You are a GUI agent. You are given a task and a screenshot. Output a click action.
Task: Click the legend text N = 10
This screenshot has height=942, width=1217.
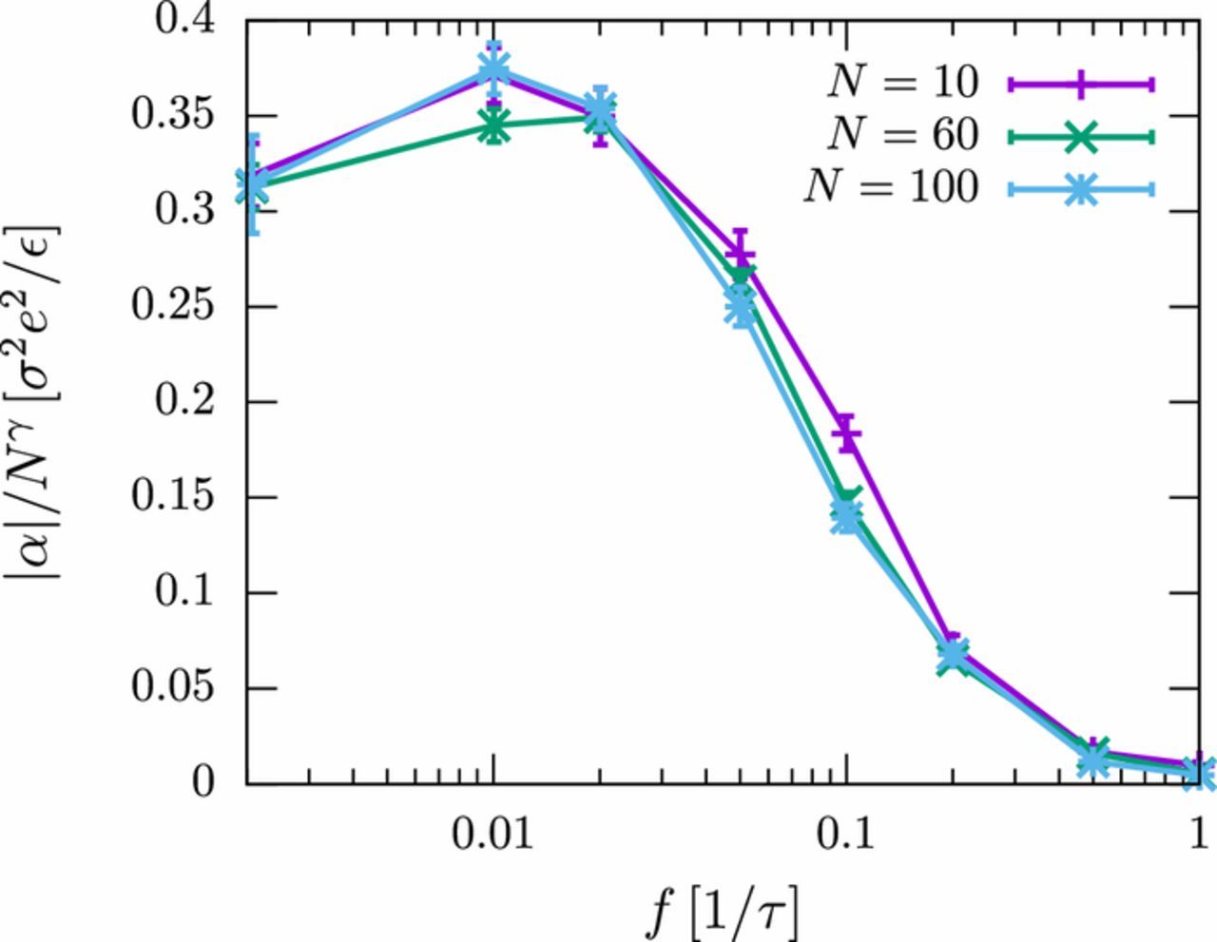901,85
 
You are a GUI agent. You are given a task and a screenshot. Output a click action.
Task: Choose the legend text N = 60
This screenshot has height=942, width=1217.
901,136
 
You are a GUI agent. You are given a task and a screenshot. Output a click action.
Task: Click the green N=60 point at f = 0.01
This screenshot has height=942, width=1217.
493,125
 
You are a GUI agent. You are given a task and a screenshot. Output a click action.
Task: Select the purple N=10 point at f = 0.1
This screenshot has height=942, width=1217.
846,433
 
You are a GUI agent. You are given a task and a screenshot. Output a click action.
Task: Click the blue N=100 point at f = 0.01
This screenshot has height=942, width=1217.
493,68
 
